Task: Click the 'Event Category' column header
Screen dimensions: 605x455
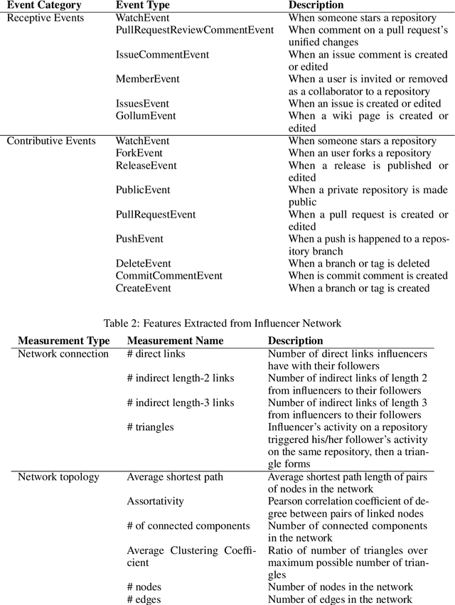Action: click(x=44, y=5)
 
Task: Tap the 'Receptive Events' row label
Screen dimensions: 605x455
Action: click(x=45, y=17)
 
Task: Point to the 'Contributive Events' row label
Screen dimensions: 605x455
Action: click(x=51, y=141)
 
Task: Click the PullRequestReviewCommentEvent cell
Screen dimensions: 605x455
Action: click(x=194, y=30)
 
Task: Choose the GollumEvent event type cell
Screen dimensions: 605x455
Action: click(x=146, y=116)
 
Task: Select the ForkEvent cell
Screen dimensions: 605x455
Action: click(x=139, y=153)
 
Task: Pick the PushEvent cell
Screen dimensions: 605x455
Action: click(x=139, y=239)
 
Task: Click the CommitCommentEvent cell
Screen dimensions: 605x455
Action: click(x=168, y=276)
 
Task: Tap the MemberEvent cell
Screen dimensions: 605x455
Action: click(x=147, y=79)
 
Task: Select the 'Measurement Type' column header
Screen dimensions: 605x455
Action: click(x=64, y=341)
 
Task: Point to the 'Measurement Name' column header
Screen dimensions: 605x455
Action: click(x=175, y=341)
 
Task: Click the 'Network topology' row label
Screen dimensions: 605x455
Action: click(x=58, y=476)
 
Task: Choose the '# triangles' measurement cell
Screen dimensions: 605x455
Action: click(x=150, y=427)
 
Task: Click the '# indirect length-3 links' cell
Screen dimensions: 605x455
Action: click(x=180, y=402)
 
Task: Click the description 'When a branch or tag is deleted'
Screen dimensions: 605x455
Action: click(x=358, y=264)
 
